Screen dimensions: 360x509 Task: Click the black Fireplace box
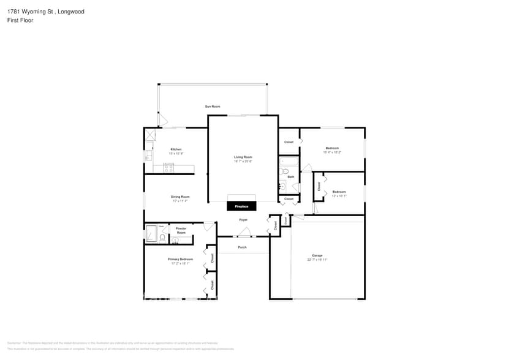241,206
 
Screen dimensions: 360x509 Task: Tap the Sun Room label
213,107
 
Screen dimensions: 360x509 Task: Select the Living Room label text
243,157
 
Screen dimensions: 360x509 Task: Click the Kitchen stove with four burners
169,168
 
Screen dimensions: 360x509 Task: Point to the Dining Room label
180,197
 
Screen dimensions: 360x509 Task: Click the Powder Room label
181,231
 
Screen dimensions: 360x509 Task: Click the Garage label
317,255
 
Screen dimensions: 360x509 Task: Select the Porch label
243,247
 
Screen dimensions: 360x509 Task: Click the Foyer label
243,219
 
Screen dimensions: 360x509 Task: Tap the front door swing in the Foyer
244,232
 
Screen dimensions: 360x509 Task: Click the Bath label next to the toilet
290,177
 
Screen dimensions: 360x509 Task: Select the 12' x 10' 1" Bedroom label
339,192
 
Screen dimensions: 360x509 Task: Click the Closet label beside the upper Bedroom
288,142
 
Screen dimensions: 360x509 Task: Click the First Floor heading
21,20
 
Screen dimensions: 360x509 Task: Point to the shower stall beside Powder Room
151,234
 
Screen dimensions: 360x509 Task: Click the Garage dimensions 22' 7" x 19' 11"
317,260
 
